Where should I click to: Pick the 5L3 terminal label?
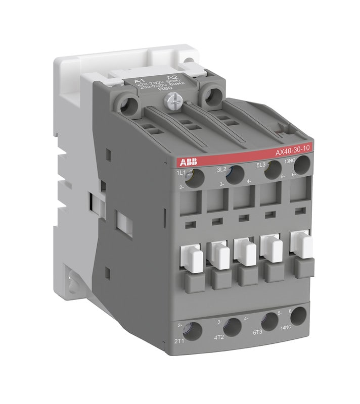(261, 164)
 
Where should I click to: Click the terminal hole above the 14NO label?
(298, 316)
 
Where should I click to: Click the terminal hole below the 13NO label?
(303, 164)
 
